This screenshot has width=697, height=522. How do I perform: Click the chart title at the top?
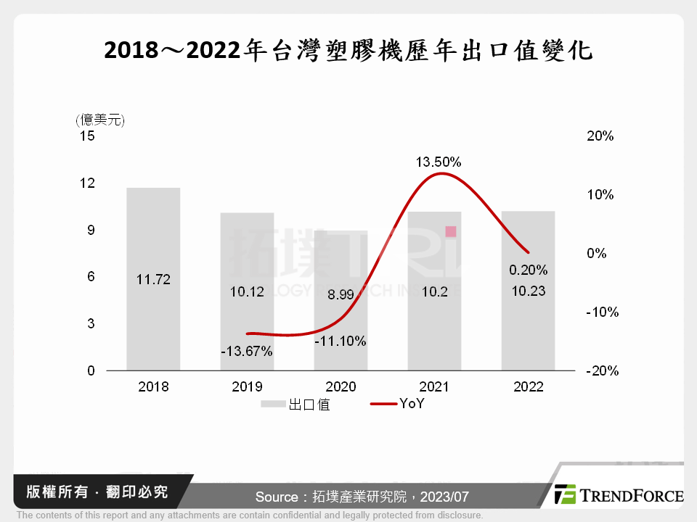click(348, 51)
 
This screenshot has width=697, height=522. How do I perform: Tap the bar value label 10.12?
click(246, 291)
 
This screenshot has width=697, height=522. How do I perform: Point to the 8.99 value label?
click(341, 295)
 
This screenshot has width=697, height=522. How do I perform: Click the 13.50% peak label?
click(439, 162)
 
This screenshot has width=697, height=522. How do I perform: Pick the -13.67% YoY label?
click(247, 352)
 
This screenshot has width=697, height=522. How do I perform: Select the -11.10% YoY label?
click(341, 341)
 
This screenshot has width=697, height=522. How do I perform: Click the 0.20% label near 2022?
click(528, 270)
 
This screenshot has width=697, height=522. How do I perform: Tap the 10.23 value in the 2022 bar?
click(528, 291)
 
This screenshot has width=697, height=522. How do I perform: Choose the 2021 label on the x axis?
click(434, 387)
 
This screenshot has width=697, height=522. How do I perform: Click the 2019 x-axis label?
click(247, 387)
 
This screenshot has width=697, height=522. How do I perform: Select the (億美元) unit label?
click(99, 120)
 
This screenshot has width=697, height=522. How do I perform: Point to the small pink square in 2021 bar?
click(451, 231)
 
